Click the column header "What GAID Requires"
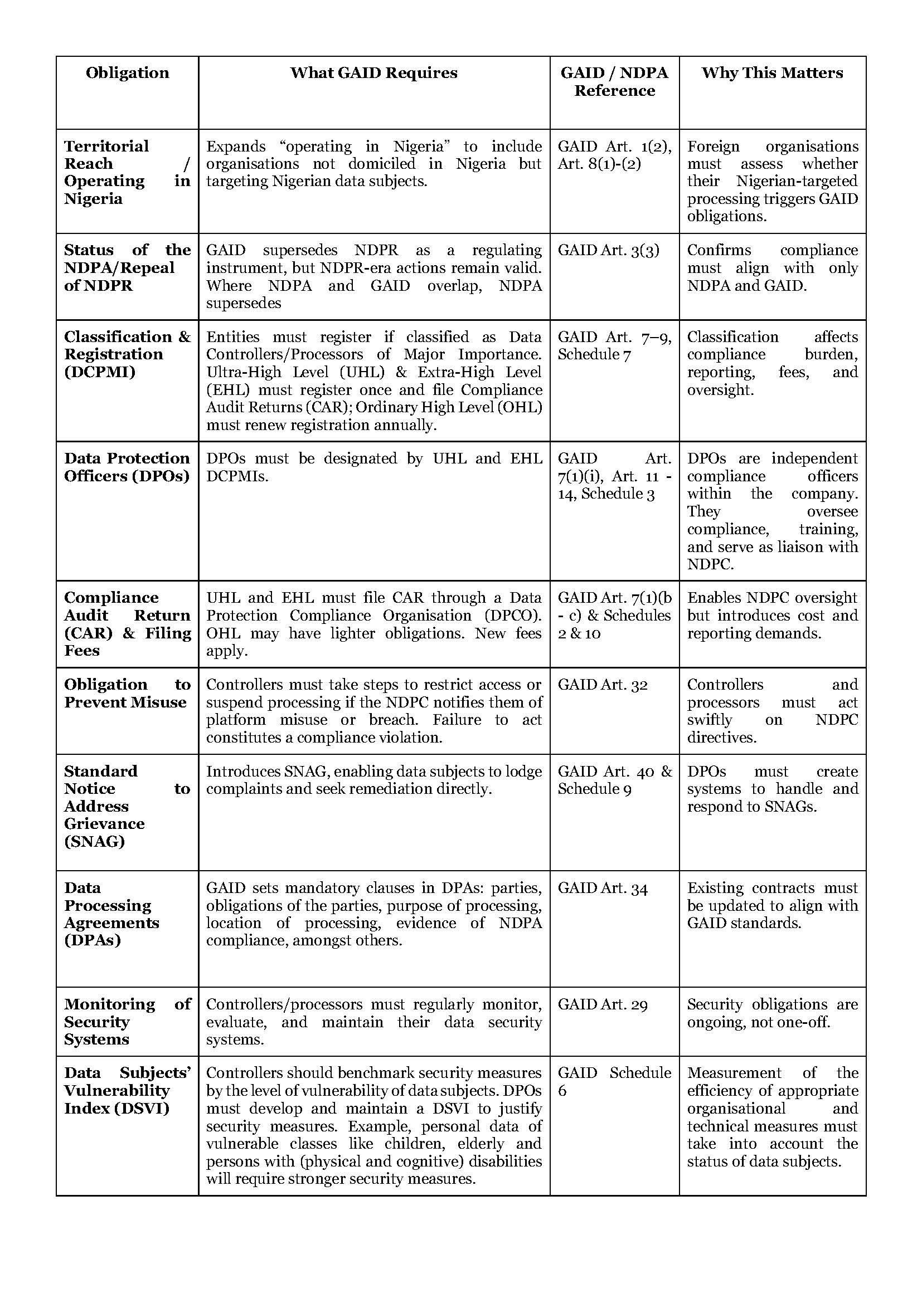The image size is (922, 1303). click(373, 72)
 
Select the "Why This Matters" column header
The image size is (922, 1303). click(772, 72)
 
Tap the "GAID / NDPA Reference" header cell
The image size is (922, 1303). click(614, 82)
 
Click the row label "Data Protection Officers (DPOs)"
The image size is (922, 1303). click(127, 467)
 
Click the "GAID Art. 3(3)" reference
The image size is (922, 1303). click(608, 250)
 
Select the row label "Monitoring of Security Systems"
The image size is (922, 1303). click(127, 1022)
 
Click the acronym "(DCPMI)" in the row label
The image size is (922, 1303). click(99, 372)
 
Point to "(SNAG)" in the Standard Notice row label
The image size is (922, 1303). click(94, 841)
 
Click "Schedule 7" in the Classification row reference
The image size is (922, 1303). click(594, 355)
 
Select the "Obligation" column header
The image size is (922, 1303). click(127, 72)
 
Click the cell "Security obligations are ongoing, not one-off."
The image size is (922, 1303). click(772, 1013)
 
